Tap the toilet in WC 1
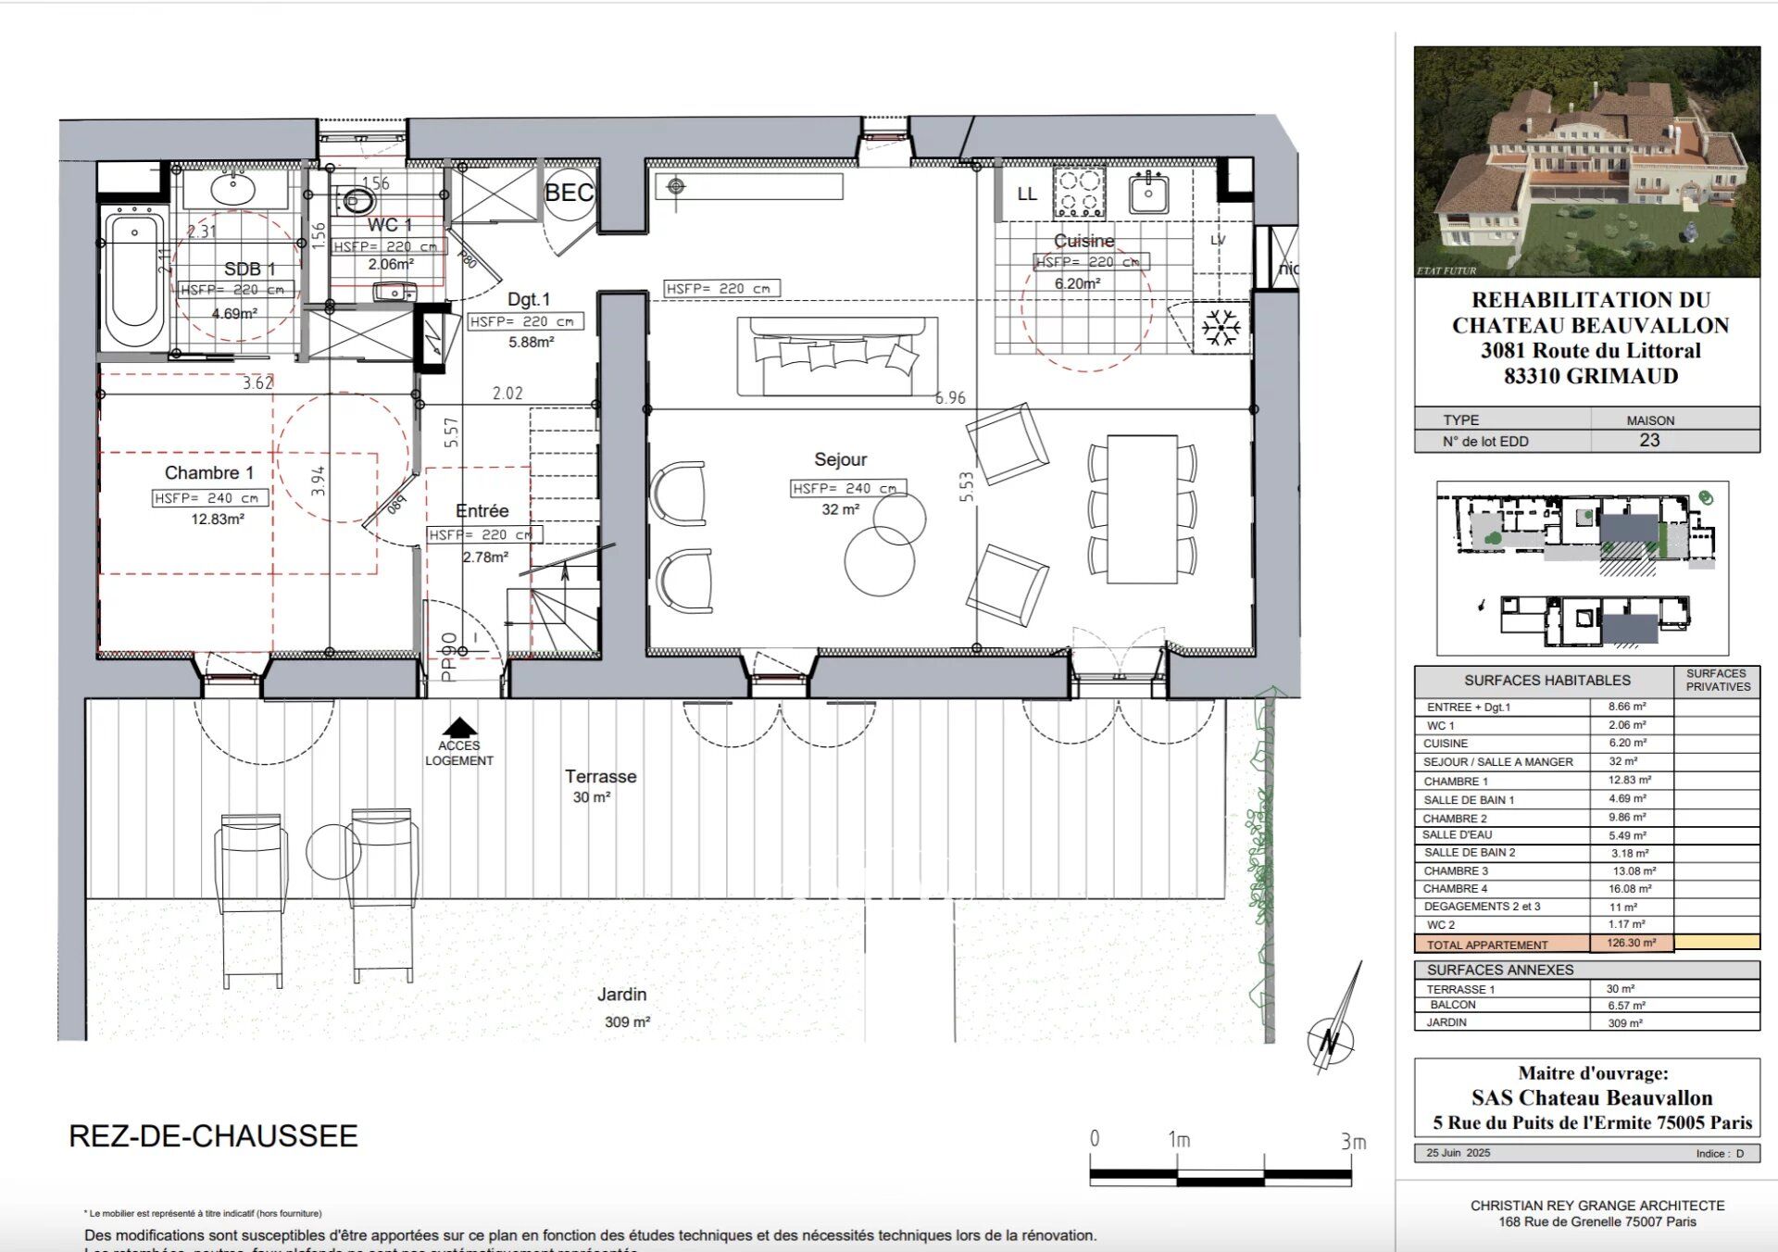357,199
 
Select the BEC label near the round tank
569,193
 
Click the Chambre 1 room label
209,473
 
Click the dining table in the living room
1142,508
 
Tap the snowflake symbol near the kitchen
1221,328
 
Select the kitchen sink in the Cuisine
1149,193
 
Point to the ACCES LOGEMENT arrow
459,728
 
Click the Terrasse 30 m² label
600,785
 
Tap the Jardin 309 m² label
622,1007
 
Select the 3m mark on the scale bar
1353,1142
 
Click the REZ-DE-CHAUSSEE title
213,1136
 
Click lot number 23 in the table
1649,441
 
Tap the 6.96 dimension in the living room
950,397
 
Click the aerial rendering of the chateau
1586,162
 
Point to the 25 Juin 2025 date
1459,1153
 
